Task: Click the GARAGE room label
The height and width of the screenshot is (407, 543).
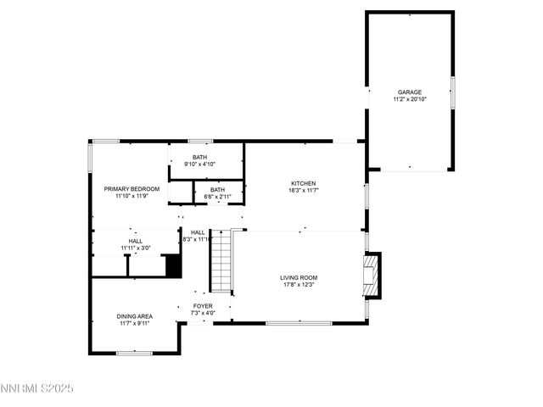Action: tap(410, 92)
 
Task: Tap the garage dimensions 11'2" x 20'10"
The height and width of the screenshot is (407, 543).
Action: tap(410, 99)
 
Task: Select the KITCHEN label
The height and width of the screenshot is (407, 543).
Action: tap(304, 183)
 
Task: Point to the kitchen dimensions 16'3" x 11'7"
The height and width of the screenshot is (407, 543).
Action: tap(304, 191)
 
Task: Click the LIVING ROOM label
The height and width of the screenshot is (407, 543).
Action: tap(299, 277)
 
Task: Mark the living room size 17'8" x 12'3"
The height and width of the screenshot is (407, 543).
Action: tap(299, 285)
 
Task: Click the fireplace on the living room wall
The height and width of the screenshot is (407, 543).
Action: tap(370, 276)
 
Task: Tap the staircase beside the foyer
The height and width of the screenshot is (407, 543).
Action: tap(221, 260)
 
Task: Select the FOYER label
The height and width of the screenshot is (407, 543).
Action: tap(203, 305)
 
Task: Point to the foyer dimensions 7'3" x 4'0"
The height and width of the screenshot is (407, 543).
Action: tap(203, 313)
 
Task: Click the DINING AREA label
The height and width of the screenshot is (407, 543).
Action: tap(135, 316)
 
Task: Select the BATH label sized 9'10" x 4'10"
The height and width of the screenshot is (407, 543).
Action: tap(199, 157)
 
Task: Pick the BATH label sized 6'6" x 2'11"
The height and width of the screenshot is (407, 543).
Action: tap(218, 189)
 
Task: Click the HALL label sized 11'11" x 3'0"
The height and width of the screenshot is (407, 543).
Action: tap(136, 241)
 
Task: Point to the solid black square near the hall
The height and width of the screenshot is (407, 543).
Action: tap(173, 266)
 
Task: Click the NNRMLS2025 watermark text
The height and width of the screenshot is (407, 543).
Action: tap(37, 388)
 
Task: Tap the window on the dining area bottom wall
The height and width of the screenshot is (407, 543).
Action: tap(133, 353)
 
